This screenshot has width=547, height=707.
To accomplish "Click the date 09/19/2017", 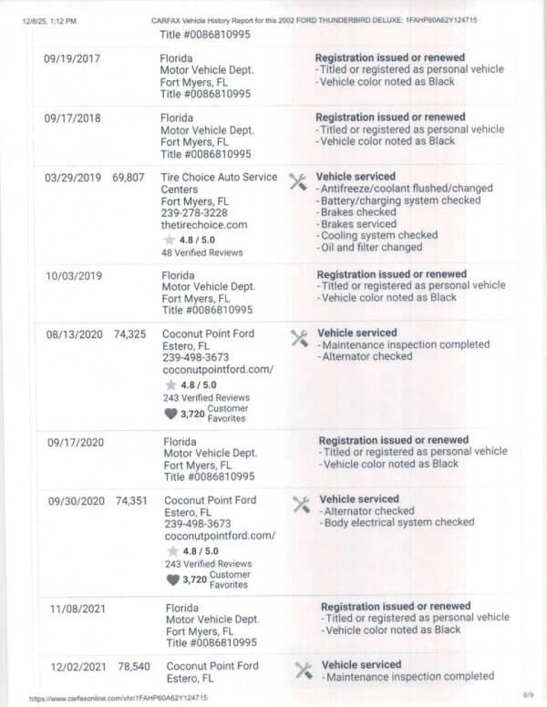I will click(73, 58).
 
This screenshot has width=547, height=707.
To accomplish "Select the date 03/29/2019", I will click(73, 177).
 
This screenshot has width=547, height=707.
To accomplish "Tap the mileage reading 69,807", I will click(128, 177).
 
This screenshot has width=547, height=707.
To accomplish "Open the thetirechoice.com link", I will click(204, 224).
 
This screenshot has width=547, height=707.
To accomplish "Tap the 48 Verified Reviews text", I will click(193, 251).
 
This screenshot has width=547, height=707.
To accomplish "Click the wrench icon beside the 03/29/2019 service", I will click(297, 180).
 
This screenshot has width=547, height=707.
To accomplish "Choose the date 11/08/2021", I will click(77, 607).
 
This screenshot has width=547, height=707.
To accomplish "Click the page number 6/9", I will click(528, 695).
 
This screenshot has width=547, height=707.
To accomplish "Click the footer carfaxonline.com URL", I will click(118, 698).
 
